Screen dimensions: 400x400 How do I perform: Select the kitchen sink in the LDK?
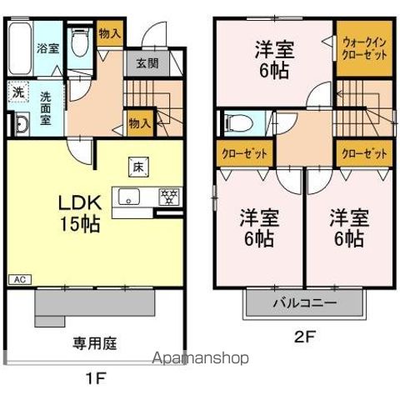pyautogui.click(x=132, y=197)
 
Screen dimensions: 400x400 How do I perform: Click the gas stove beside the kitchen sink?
pyautogui.click(x=169, y=197)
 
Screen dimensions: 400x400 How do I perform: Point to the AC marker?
pyautogui.click(x=17, y=280)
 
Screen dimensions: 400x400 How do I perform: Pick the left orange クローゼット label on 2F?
pyautogui.click(x=238, y=154)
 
